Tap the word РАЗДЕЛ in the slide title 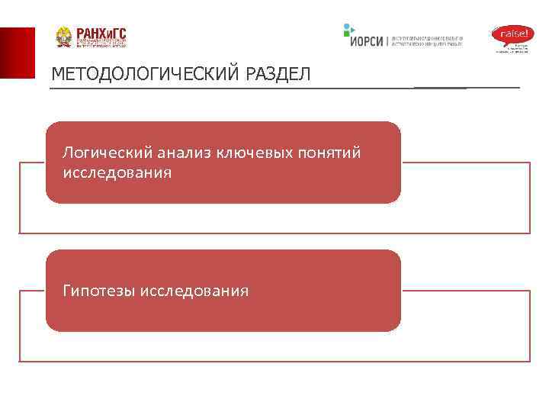tap(278, 75)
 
